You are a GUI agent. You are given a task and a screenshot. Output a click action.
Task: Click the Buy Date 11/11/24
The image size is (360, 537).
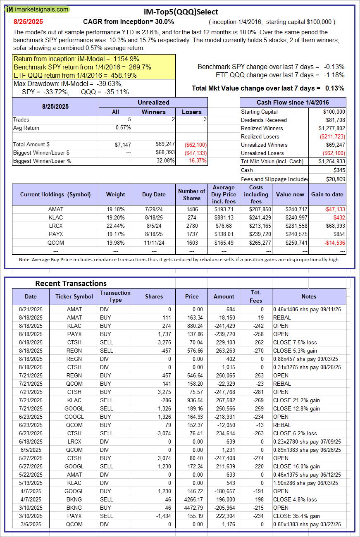[154, 242]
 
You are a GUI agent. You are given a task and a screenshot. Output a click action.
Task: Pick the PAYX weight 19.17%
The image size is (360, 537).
[115, 234]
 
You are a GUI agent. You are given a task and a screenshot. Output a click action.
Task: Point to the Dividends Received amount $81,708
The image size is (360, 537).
[334, 120]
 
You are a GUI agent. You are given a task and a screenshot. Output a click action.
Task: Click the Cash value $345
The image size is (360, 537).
[339, 170]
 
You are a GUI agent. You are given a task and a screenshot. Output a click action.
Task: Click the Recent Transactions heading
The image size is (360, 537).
[71, 283]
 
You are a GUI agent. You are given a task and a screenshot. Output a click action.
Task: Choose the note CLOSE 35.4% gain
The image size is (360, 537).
[296, 516]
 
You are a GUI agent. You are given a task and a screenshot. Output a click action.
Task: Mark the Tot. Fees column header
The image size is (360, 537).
[256, 296]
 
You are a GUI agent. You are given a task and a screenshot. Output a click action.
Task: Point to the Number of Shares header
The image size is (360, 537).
[191, 194]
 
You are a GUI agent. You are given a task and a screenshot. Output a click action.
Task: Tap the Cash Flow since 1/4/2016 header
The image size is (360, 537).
[293, 103]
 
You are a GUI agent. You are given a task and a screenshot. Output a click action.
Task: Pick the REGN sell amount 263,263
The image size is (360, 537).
[224, 351]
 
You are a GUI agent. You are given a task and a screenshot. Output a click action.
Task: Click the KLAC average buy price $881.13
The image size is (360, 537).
[224, 217]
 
